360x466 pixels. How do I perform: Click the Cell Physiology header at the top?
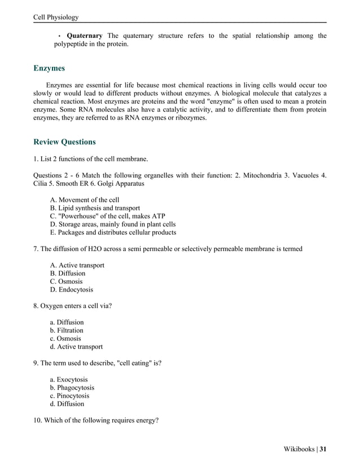click(56, 17)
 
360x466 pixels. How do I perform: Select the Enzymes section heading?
click(49, 68)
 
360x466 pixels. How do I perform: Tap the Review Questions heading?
click(64, 142)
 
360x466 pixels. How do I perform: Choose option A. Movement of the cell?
click(85, 200)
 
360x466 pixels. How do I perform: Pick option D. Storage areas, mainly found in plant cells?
click(113, 224)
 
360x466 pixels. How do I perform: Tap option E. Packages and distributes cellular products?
click(113, 232)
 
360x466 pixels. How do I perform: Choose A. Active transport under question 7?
click(77, 265)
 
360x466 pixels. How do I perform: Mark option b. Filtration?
click(67, 330)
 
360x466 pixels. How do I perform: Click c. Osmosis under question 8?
click(65, 338)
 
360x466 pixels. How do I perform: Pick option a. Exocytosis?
click(68, 380)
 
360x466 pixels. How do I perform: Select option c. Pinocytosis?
click(69, 396)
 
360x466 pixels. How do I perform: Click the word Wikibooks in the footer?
click(298, 449)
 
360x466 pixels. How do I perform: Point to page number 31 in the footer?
click(323, 449)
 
